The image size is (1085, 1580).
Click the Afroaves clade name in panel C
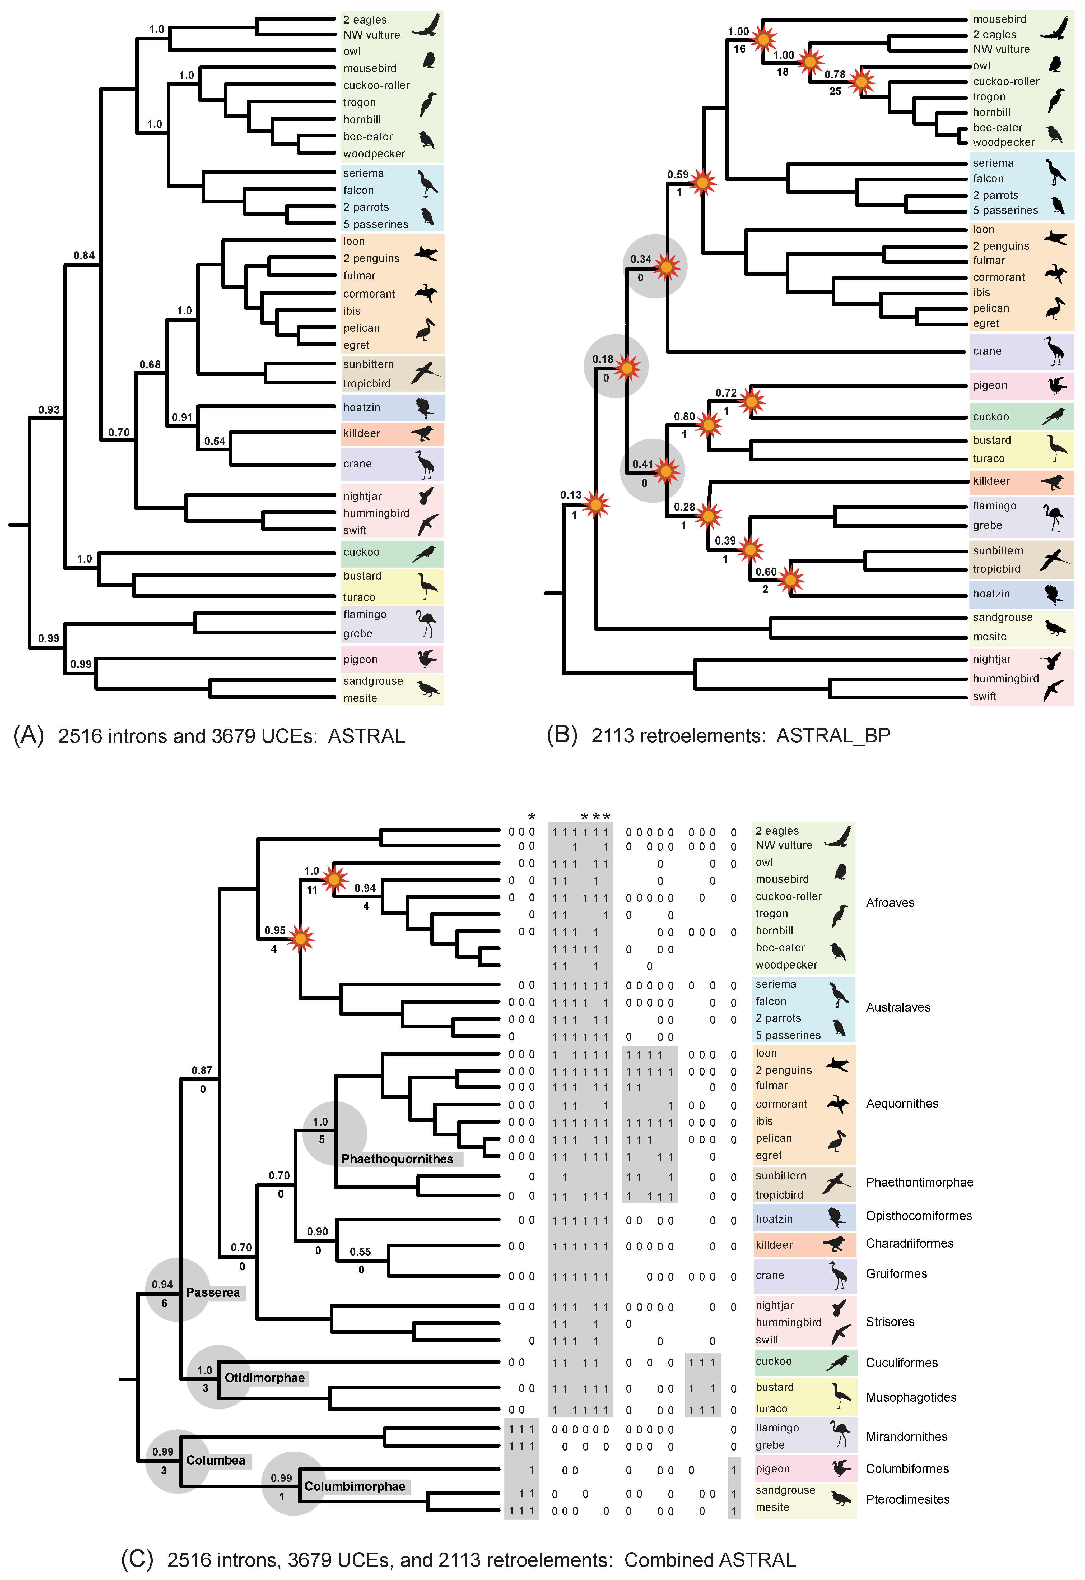[890, 903]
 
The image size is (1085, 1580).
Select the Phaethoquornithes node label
[397, 1159]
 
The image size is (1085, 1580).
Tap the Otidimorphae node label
[264, 1378]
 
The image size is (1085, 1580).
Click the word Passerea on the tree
[213, 1292]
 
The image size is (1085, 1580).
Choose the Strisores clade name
[890, 1322]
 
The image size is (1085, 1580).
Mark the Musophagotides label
[911, 1397]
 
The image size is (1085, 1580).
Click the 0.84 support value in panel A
[84, 256]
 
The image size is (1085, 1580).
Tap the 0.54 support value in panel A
[215, 441]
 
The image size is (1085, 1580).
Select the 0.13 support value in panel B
[571, 495]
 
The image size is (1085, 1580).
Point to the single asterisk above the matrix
[532, 817]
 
